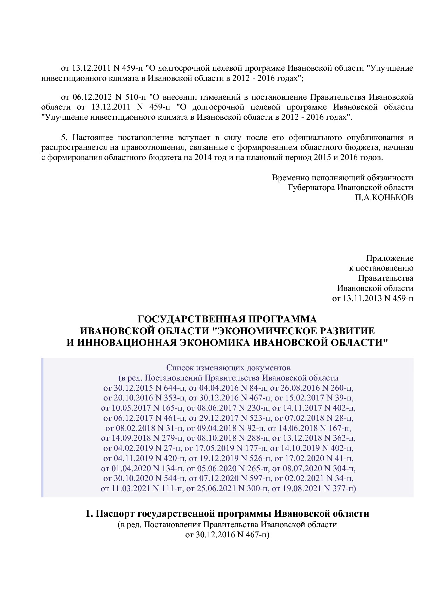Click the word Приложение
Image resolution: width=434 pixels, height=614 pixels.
(390, 258)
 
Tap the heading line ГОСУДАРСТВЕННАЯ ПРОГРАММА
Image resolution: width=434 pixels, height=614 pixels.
(227, 319)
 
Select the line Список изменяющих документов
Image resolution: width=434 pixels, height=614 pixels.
(228, 368)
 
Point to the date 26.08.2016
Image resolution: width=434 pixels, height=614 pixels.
(303, 388)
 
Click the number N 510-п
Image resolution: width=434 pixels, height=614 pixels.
(130, 97)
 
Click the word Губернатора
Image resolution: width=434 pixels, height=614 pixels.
(311, 188)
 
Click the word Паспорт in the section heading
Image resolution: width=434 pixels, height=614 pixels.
(114, 514)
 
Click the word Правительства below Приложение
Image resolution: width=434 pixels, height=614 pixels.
(385, 278)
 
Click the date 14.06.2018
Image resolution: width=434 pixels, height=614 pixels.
(300, 428)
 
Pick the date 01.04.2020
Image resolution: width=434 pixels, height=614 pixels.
(131, 468)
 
